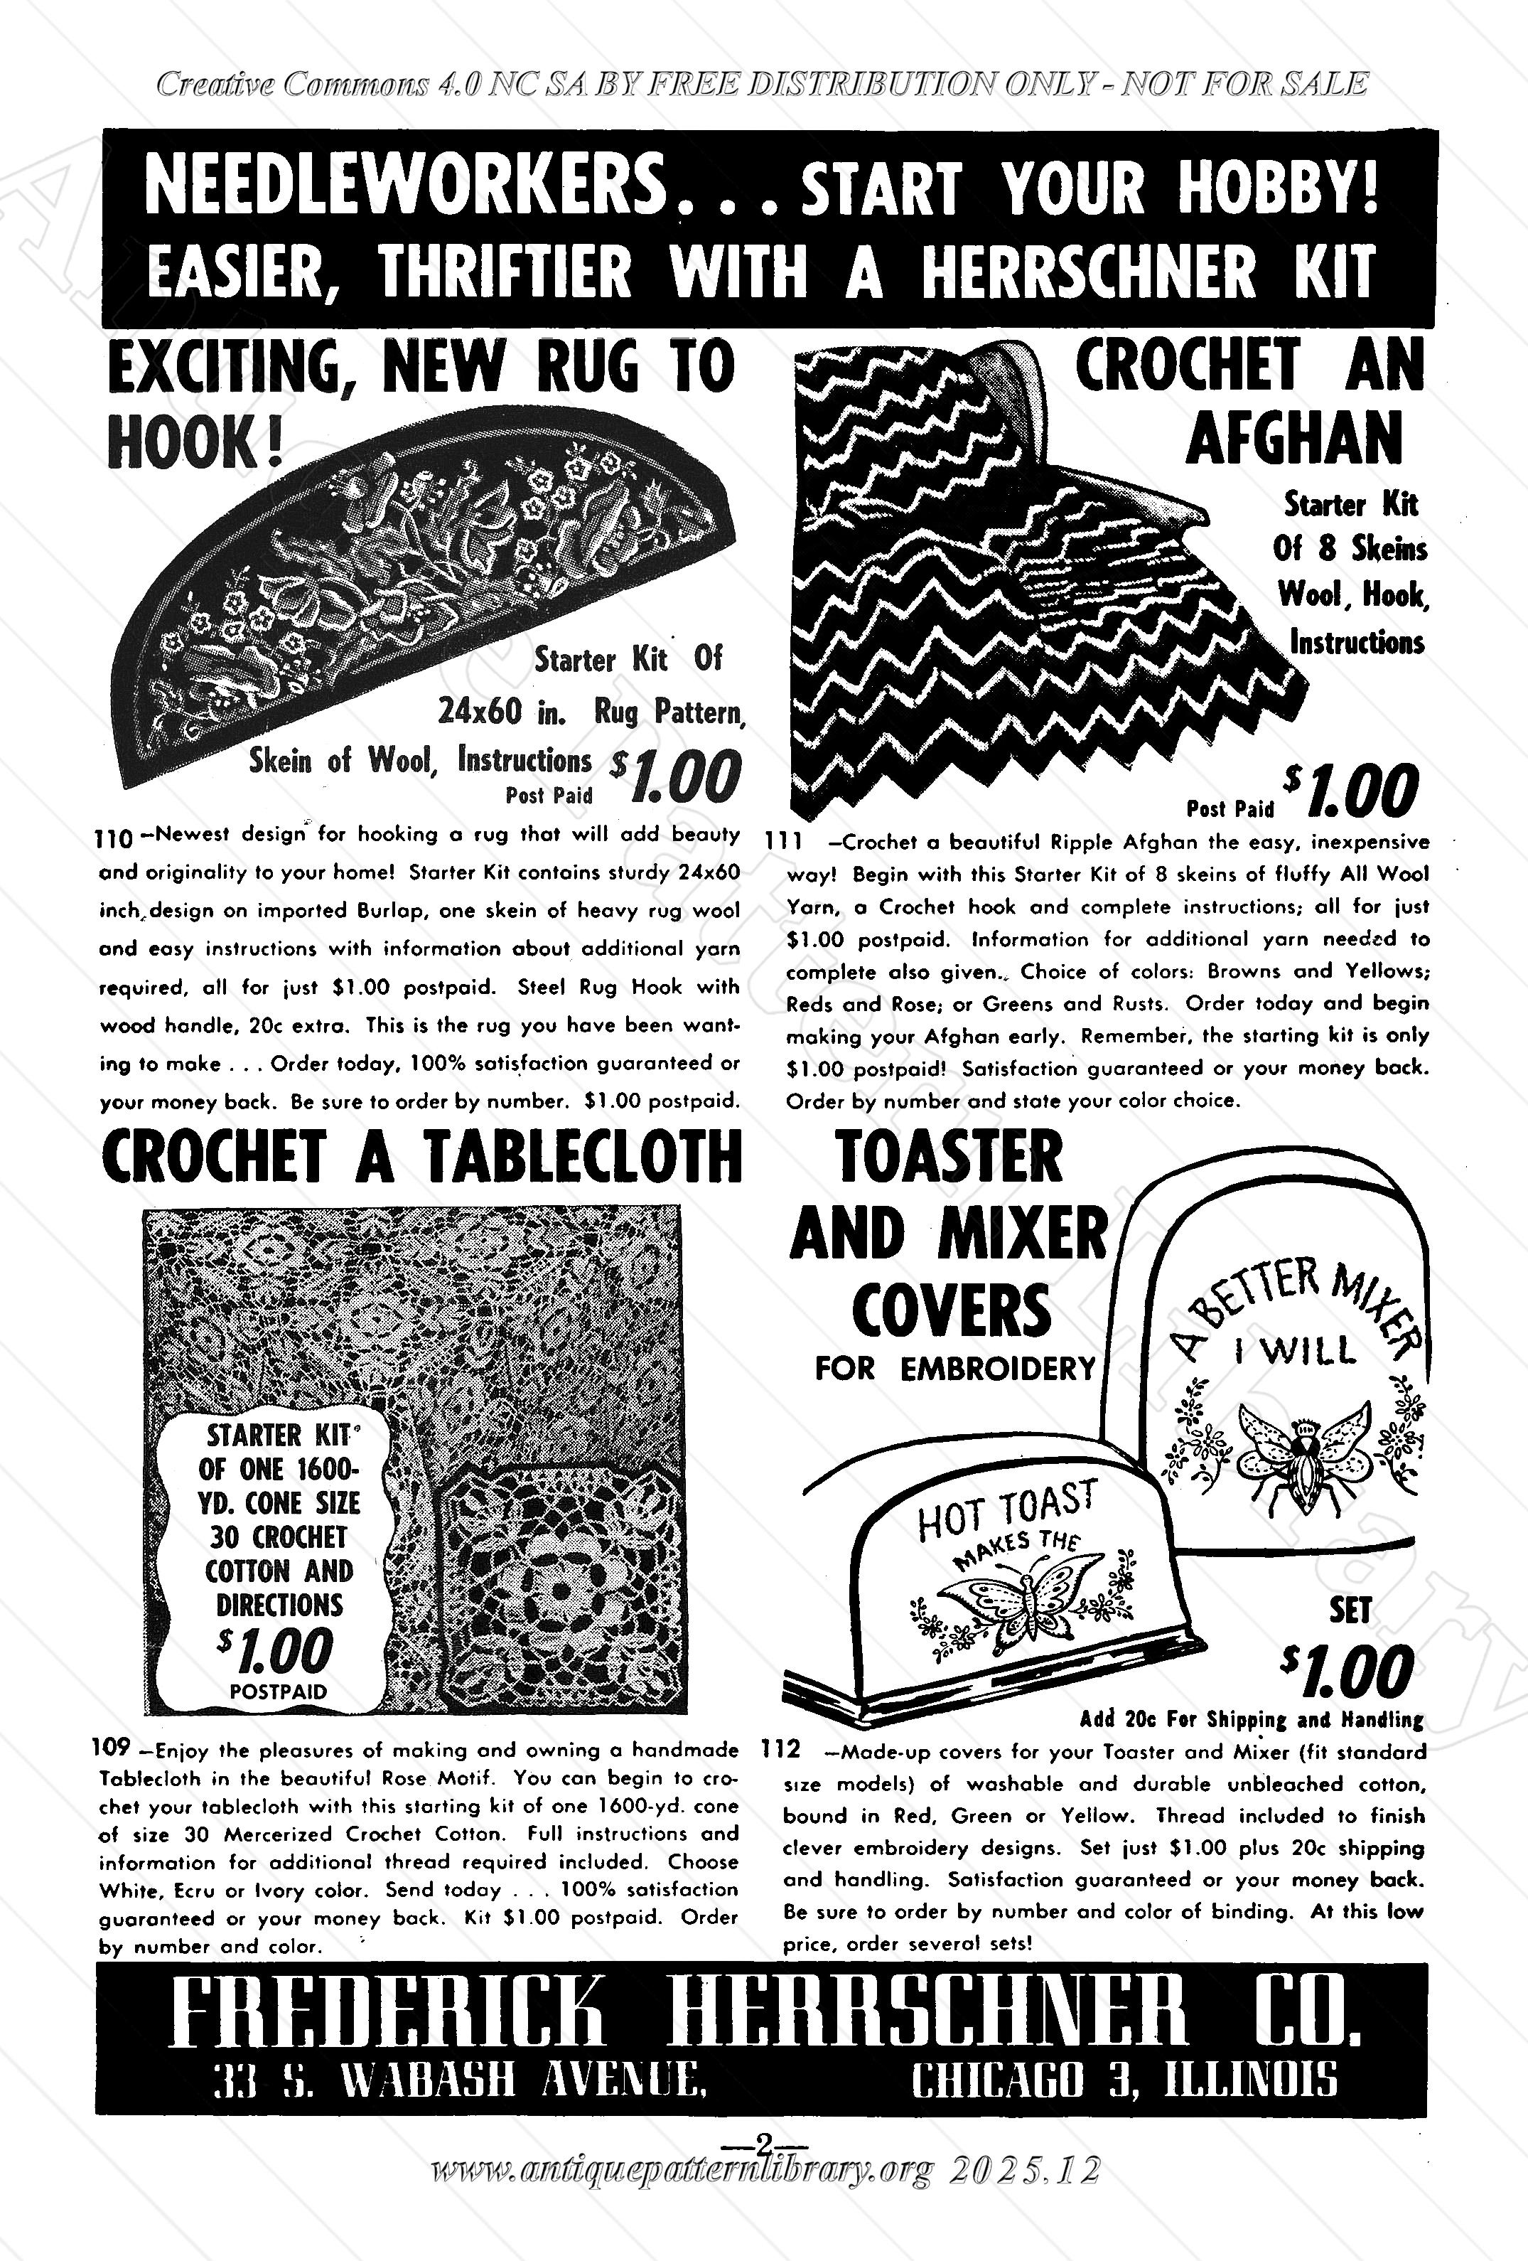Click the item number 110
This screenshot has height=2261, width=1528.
coord(117,837)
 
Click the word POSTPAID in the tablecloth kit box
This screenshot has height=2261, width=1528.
coord(278,1691)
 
